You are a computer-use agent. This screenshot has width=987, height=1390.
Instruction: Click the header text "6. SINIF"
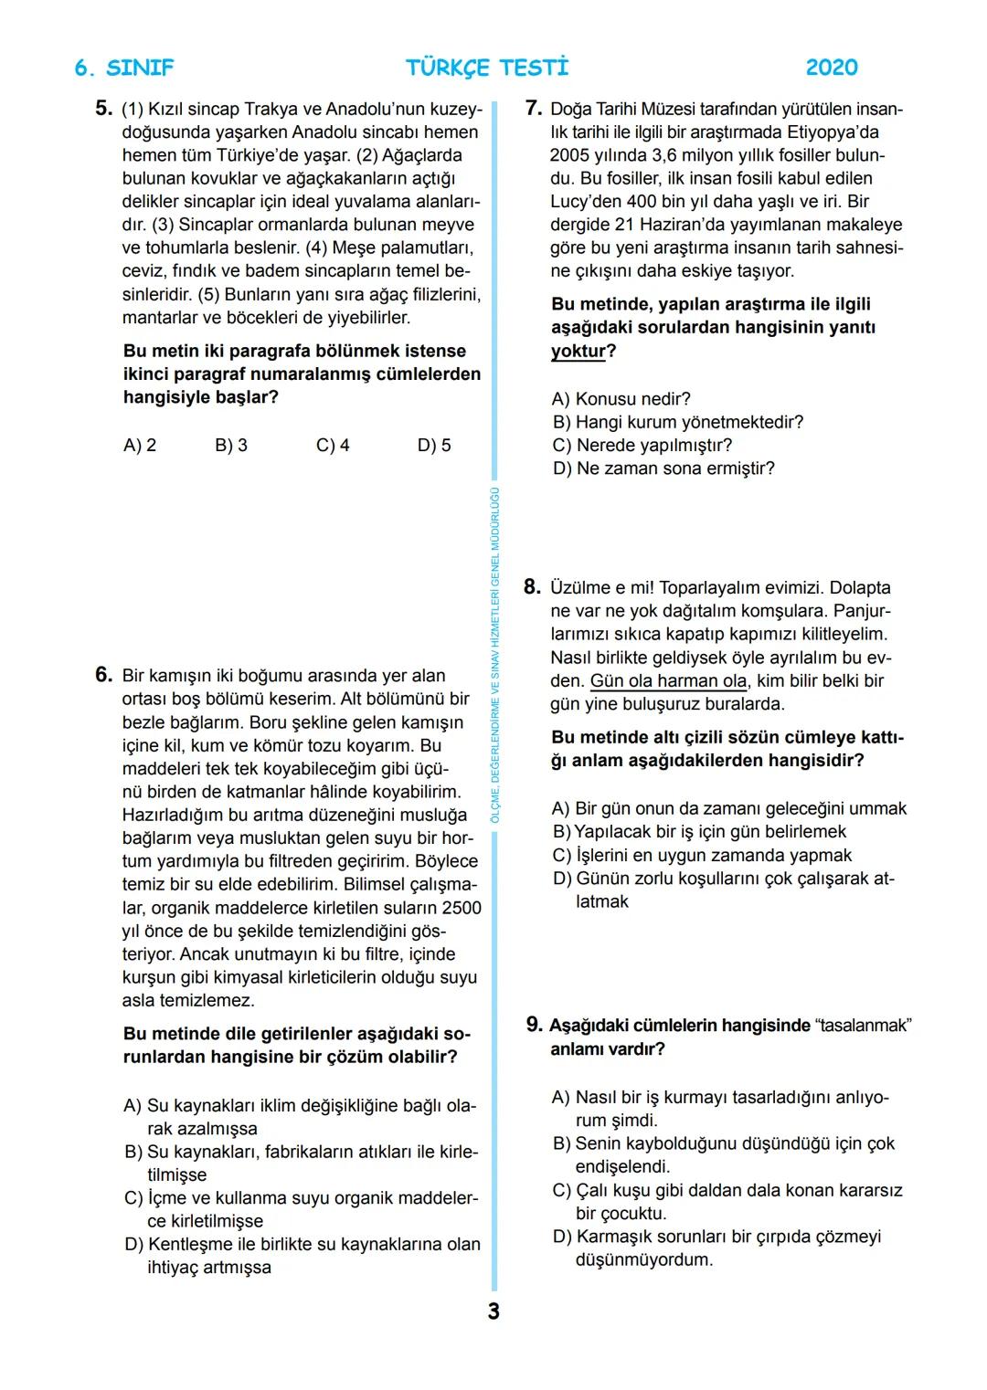(x=123, y=68)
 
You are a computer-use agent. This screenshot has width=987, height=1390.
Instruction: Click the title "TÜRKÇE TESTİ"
(x=487, y=68)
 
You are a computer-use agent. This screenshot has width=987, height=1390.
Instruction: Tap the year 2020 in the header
(x=832, y=68)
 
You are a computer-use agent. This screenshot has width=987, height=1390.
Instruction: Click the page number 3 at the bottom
(x=493, y=1311)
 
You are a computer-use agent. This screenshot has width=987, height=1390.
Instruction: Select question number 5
(x=103, y=109)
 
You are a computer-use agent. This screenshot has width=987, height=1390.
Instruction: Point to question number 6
(x=103, y=675)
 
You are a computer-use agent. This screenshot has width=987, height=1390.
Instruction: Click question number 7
(x=534, y=109)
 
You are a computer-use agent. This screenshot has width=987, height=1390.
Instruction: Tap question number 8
(x=532, y=587)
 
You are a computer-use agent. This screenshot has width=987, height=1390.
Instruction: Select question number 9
(x=535, y=1025)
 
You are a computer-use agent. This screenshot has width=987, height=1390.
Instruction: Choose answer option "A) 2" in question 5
(x=140, y=446)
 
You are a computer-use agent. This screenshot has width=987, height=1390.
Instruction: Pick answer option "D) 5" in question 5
(x=434, y=446)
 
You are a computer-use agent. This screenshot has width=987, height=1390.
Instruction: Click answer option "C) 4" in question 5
(x=333, y=446)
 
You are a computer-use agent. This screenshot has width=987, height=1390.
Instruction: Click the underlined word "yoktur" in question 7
(x=578, y=352)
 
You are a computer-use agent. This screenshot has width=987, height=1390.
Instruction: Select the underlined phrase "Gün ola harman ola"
(x=668, y=681)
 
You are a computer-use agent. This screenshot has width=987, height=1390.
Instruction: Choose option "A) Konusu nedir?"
(x=621, y=399)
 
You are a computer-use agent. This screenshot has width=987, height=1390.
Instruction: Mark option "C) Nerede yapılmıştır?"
(x=642, y=446)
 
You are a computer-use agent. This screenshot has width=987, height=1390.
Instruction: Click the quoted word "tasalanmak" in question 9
(x=864, y=1026)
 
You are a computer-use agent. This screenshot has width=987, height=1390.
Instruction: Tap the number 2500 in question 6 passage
(x=461, y=908)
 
